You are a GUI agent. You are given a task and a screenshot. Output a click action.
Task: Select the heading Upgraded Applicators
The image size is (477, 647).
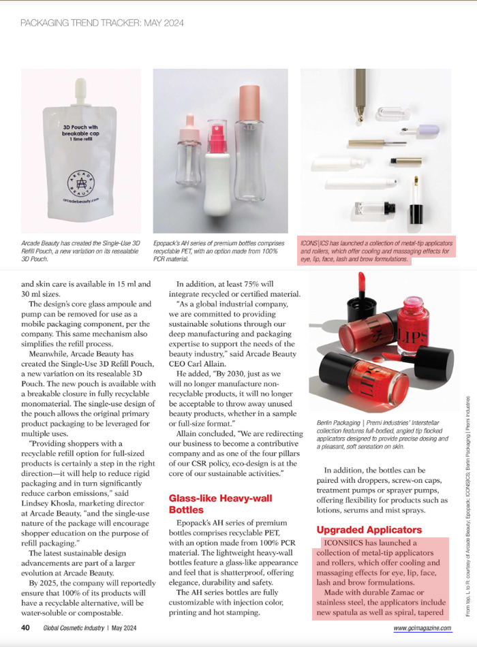click(x=369, y=529)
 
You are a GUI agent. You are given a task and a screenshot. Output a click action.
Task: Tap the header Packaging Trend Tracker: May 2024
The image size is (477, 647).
click(x=102, y=22)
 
